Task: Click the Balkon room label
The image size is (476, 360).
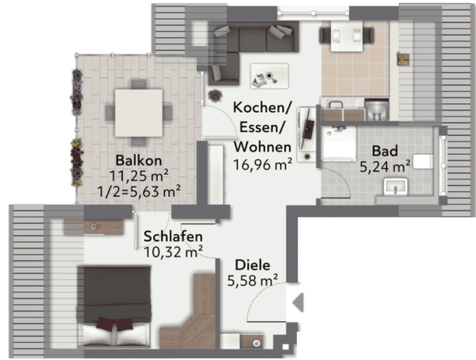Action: coord(139,160)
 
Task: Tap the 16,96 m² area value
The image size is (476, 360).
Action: coord(263,164)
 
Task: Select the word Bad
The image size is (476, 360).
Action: coord(385,151)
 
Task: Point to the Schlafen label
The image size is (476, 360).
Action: coord(173,237)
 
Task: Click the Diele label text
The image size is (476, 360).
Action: coord(253,266)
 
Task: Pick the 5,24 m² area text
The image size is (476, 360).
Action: coord(385,167)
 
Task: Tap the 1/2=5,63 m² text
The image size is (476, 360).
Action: coord(139,192)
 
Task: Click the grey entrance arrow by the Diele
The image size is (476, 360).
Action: coord(298,302)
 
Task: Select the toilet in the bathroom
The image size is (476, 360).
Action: coord(423,161)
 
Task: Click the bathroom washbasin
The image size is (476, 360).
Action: coord(395,187)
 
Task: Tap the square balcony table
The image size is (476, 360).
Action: coord(139,112)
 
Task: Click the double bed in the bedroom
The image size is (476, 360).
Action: coord(115,306)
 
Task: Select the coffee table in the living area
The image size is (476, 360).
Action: coord(269,76)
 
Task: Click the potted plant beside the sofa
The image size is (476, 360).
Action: coord(215,95)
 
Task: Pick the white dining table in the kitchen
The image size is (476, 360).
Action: coord(347,36)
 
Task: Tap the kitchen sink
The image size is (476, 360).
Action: coord(335,104)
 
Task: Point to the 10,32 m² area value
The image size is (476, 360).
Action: coord(173,252)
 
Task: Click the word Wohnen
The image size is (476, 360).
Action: coord(263,147)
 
